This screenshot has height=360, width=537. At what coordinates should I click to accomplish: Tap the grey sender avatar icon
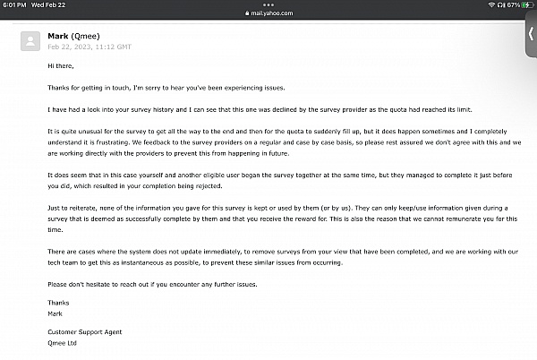(x=31, y=41)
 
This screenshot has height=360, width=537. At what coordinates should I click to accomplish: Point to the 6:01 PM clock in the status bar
(x=14, y=4)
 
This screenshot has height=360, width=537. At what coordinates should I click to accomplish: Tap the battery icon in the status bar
(x=528, y=4)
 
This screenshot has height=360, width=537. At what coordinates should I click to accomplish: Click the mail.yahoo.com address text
(x=268, y=13)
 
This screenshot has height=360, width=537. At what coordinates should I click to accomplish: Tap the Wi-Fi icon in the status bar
(x=493, y=4)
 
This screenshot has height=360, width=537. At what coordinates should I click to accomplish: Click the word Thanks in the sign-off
(x=58, y=303)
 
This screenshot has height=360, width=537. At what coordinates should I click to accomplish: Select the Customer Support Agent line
(x=83, y=332)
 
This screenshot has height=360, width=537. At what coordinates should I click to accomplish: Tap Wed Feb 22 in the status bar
(x=50, y=4)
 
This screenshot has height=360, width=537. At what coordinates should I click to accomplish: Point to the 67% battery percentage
(x=512, y=4)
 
